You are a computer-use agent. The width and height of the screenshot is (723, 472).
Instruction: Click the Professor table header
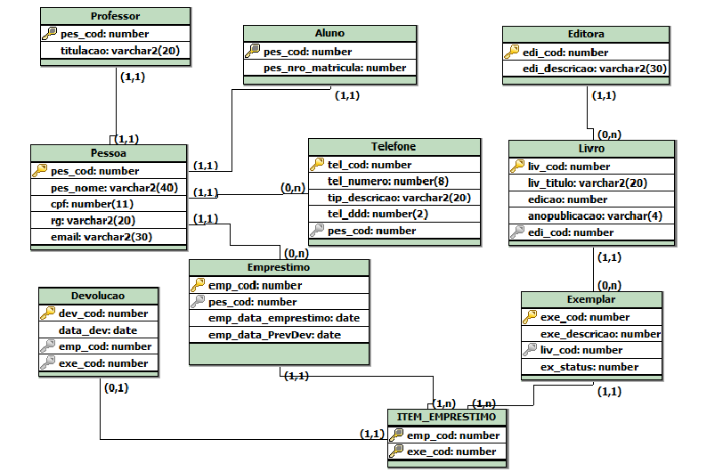115,16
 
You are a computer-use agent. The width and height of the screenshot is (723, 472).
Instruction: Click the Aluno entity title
329,33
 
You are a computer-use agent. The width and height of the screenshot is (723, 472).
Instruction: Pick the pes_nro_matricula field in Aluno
335,68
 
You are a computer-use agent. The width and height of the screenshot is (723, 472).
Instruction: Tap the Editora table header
586,34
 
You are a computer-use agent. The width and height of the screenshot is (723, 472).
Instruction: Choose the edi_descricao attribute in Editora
595,69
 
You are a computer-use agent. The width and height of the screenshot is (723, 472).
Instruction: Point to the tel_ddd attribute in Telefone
365,214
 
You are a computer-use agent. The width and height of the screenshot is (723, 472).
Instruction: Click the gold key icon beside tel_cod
318,165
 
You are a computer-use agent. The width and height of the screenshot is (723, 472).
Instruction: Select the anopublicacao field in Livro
596,216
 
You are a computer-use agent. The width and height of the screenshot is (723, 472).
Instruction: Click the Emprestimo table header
279,267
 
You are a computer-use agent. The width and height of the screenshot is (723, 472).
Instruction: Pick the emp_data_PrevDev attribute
274,335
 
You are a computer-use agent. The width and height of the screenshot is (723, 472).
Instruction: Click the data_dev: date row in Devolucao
97,330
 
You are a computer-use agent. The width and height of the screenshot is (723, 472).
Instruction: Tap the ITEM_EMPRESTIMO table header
447,418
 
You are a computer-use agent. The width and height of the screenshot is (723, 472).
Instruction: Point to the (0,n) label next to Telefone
293,188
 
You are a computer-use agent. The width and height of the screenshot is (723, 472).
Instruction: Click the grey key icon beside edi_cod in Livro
518,232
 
